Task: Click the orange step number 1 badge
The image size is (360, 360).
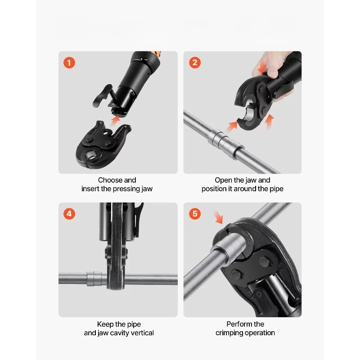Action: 69,63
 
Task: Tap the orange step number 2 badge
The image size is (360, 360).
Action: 195,63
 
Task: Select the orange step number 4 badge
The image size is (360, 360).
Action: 69,214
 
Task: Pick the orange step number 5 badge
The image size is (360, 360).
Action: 195,214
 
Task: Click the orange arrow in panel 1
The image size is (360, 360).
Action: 116,120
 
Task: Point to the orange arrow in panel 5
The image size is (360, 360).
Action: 218,217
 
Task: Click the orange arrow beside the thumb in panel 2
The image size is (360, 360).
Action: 262,68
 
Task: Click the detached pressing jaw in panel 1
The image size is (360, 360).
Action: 103,144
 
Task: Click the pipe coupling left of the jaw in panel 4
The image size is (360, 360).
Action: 94,279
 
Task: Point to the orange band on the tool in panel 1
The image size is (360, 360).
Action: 157,54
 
